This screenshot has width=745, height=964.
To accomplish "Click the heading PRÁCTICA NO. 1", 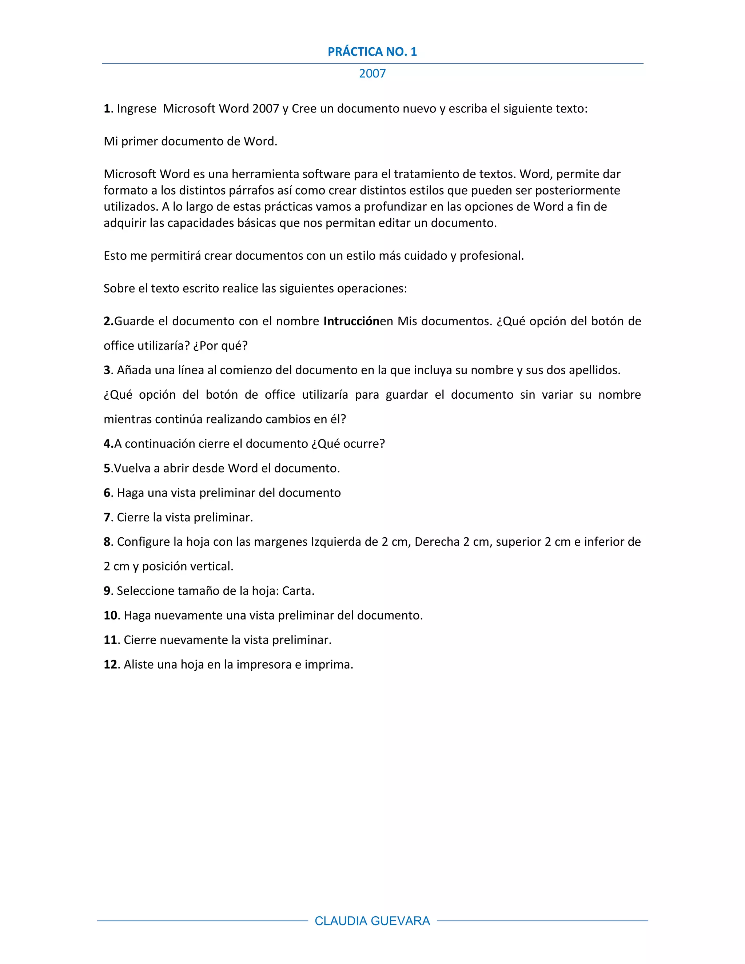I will point(372,52).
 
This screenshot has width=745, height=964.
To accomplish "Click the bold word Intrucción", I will point(351,321).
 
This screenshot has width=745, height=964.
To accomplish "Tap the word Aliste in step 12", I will point(138,664).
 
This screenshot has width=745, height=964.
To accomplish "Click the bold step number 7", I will point(107,517).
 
